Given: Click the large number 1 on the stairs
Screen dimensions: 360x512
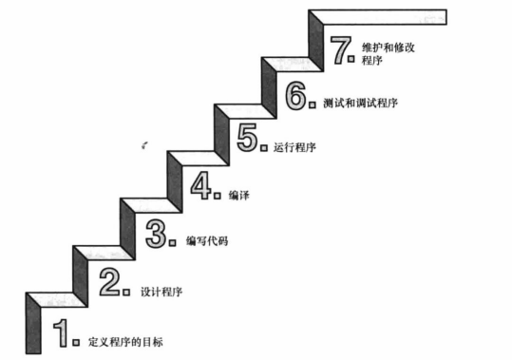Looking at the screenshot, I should [x=61, y=332].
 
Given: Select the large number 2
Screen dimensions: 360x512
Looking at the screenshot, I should [x=110, y=282].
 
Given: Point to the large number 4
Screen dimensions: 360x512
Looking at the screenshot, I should [x=201, y=184].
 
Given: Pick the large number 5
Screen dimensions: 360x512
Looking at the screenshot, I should [x=248, y=139].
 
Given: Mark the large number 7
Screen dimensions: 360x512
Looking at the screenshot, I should [x=339, y=48].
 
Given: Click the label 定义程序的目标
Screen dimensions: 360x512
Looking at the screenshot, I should [x=131, y=340].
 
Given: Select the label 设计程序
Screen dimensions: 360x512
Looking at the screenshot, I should [x=161, y=291].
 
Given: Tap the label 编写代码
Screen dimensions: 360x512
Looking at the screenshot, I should [x=207, y=241].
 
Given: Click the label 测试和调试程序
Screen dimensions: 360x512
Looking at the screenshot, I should [x=358, y=102].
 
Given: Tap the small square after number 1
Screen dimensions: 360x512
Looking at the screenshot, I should [x=76, y=340].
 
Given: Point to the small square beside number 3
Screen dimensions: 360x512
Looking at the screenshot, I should [x=172, y=242].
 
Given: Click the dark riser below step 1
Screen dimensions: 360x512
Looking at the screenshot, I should [x=32, y=323].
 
